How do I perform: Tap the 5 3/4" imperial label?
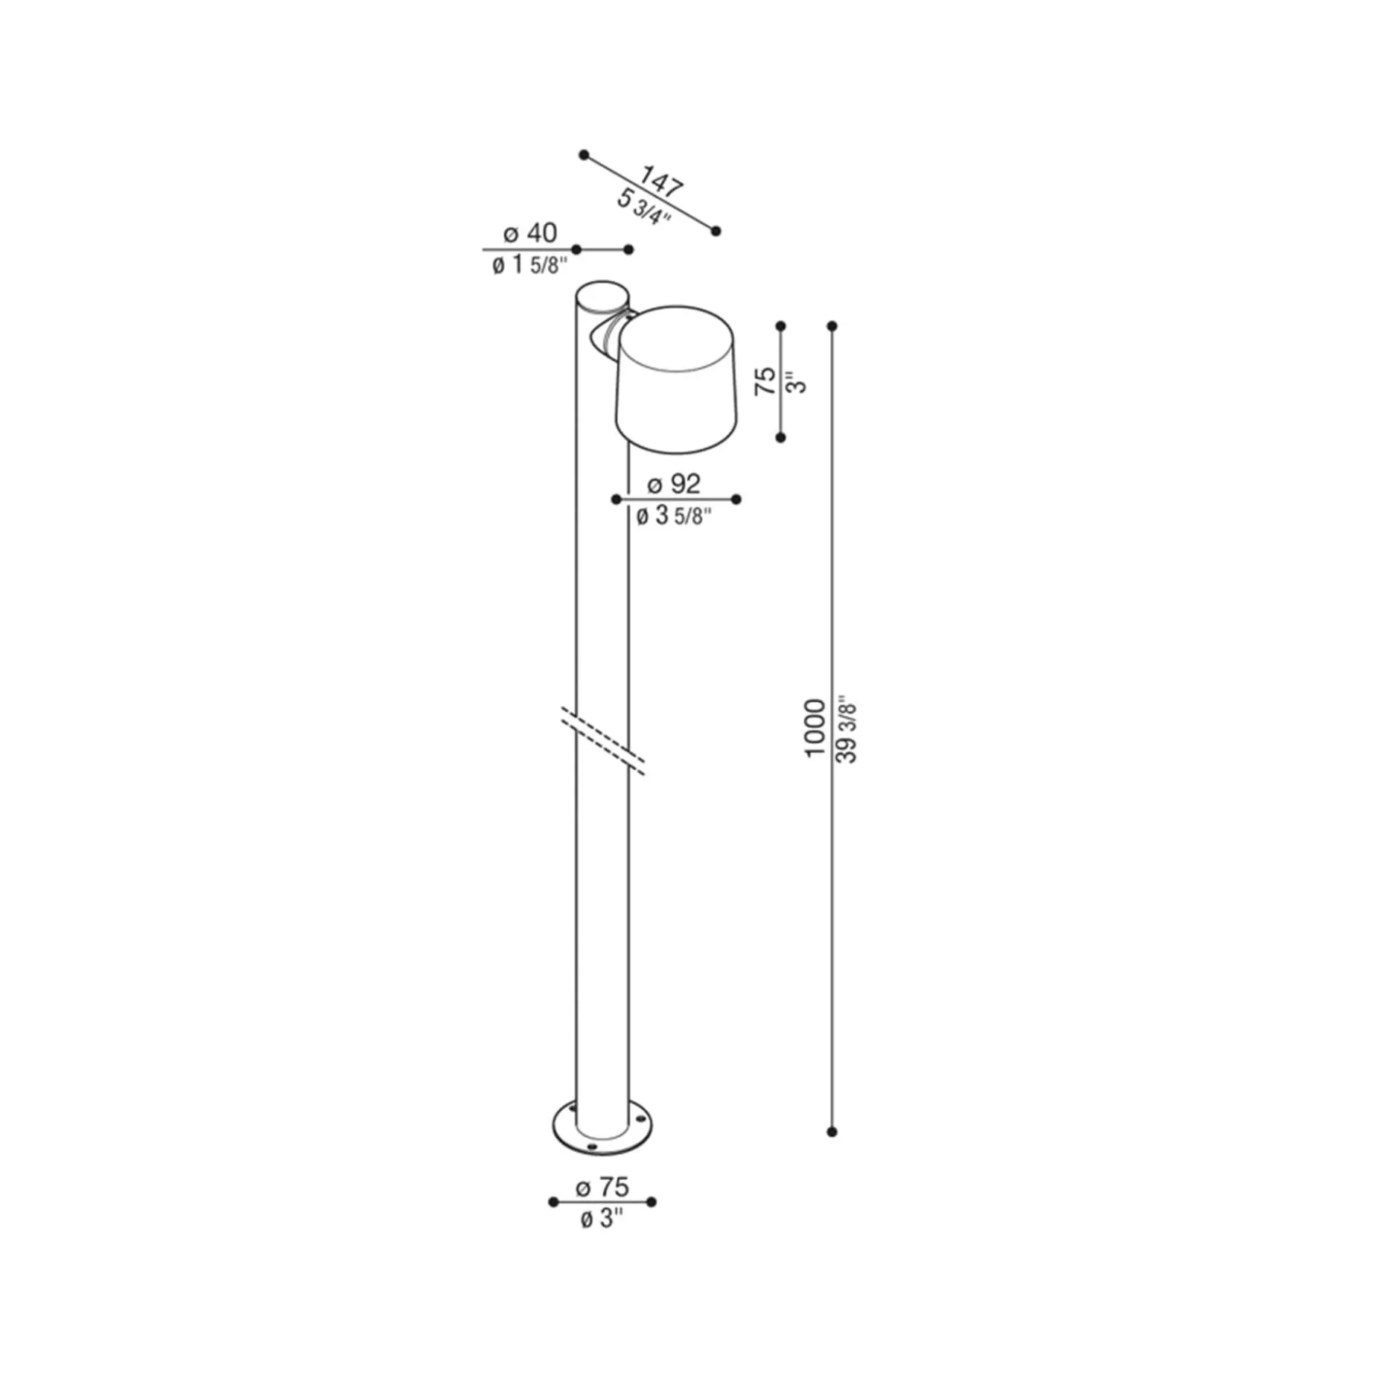(x=644, y=208)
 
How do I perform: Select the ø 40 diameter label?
(x=530, y=233)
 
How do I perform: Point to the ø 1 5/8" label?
(x=529, y=264)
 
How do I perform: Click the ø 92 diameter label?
(x=674, y=484)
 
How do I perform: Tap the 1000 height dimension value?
(x=815, y=729)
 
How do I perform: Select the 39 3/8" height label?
(x=847, y=730)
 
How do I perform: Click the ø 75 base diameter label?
(x=602, y=1186)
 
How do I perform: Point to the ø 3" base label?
(x=602, y=1219)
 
